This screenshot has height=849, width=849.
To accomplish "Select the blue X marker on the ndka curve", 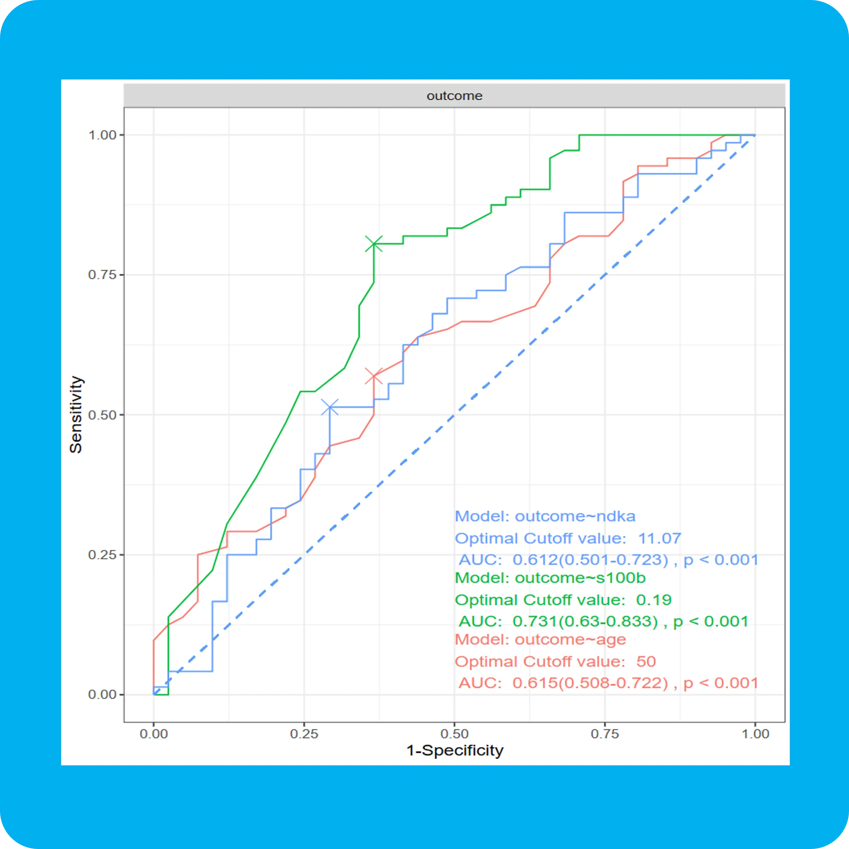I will tap(330, 408).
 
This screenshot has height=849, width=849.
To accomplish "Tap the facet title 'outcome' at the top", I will tap(454, 96).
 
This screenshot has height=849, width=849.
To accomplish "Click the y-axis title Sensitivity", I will tap(76, 414).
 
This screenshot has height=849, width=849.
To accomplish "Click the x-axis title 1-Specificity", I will tap(454, 750).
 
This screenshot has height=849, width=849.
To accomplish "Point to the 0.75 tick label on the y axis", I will tap(102, 275).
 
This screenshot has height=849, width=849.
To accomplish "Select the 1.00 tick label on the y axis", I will tap(102, 135).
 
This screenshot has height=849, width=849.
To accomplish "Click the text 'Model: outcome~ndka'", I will tap(545, 516).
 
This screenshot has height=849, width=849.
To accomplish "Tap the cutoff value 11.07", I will tap(659, 538).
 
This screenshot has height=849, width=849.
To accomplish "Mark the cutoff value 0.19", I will tap(654, 600).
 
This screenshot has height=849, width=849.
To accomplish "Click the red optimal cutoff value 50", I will tap(646, 661).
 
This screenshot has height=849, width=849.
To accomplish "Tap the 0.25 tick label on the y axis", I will tap(102, 555).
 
